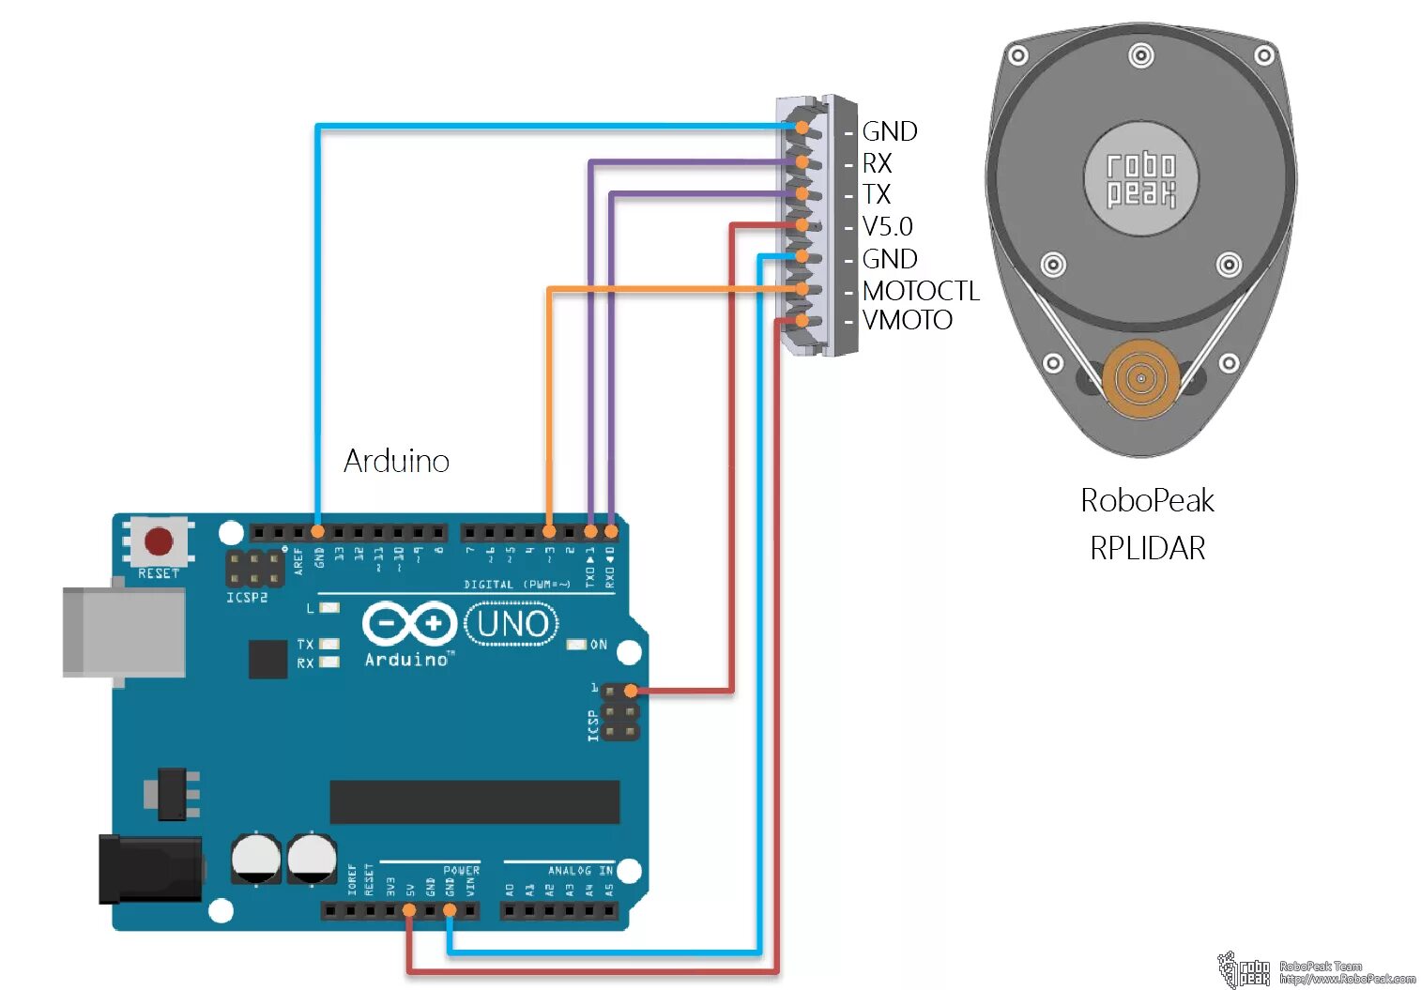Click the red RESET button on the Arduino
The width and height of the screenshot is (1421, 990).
(158, 541)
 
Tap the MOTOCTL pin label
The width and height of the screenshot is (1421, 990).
(920, 291)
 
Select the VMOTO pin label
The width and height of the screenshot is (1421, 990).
(907, 321)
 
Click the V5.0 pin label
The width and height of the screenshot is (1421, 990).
(887, 227)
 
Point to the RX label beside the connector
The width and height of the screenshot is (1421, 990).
(877, 163)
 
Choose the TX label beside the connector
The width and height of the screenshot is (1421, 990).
(876, 194)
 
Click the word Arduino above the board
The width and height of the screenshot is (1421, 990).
(396, 461)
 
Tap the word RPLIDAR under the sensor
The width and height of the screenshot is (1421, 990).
(1147, 548)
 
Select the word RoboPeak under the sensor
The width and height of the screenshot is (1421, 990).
(1147, 500)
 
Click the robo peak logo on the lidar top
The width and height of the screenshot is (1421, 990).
(1140, 179)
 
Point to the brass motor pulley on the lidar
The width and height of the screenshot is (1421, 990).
(1140, 379)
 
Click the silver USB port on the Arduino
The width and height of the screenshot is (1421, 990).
(122, 631)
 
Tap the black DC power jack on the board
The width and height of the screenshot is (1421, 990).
(150, 869)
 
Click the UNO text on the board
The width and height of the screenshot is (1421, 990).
(512, 624)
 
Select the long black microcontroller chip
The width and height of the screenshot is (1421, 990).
(474, 801)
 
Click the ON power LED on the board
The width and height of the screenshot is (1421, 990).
(577, 645)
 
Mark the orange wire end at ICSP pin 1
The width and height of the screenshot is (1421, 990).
(631, 692)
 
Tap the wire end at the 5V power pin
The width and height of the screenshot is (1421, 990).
(409, 910)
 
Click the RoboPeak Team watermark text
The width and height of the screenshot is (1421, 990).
(1320, 966)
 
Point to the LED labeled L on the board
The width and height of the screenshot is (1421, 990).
(329, 608)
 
